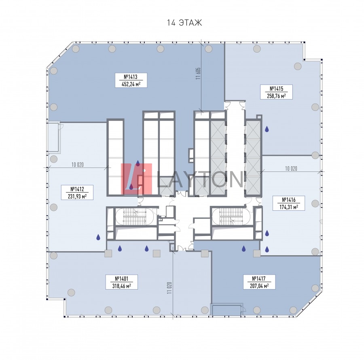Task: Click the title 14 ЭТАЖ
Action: tap(184, 23)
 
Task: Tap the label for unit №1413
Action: tap(131, 80)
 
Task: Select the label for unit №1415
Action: tap(276, 92)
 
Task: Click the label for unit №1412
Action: tap(77, 193)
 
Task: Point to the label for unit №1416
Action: tap(289, 203)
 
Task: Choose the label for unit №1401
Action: tap(122, 282)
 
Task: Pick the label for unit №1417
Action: tap(259, 282)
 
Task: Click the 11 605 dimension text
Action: tap(198, 74)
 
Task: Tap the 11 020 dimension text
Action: tap(169, 288)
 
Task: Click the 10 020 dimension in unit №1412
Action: tap(78, 165)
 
